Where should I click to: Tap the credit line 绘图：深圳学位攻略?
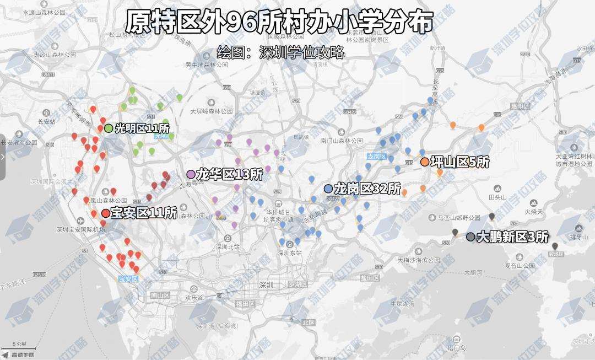[x=280, y=53]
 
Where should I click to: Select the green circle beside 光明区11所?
[x=109, y=128]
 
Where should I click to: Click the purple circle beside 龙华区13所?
[x=191, y=175]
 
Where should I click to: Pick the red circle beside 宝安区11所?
[x=106, y=213]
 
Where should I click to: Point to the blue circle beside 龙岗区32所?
[x=328, y=189]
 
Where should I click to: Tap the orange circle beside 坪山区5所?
[x=425, y=162]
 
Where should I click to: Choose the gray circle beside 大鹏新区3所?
[x=470, y=237]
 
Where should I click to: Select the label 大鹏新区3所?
[x=512, y=237]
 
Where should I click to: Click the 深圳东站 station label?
[x=290, y=253]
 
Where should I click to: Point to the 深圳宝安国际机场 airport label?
[x=80, y=229]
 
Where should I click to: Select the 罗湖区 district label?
[x=298, y=284]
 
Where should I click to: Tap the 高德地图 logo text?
[x=23, y=355]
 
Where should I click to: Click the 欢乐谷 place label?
[x=194, y=297]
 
